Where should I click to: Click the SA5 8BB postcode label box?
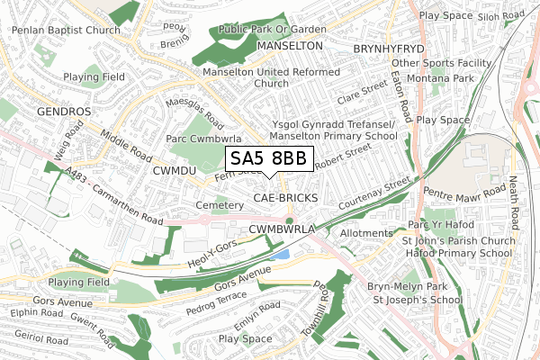269,159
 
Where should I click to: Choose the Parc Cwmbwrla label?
206,139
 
